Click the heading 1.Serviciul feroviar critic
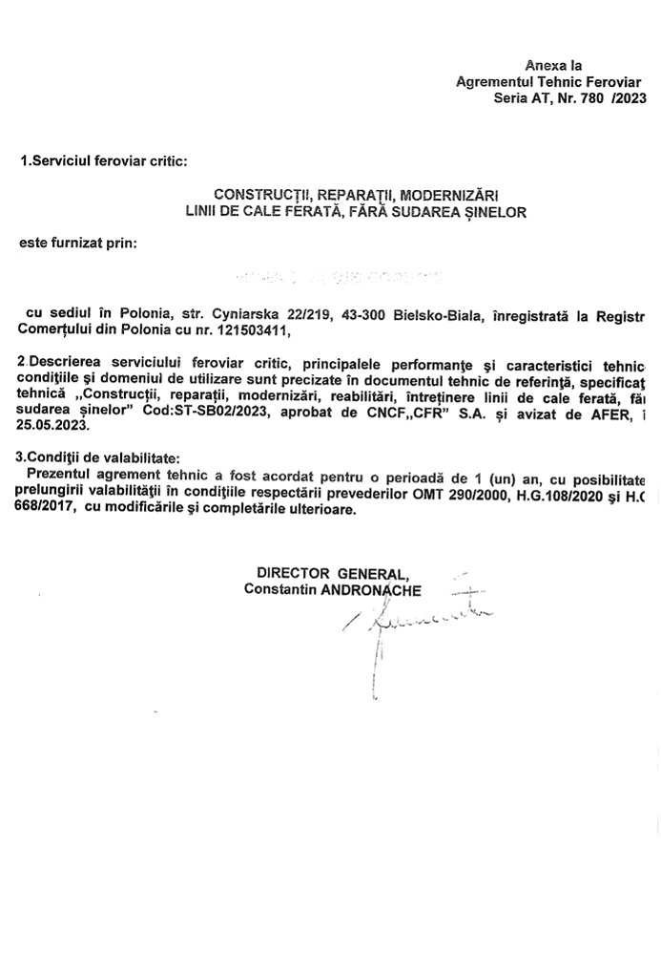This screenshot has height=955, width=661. point(103,162)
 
